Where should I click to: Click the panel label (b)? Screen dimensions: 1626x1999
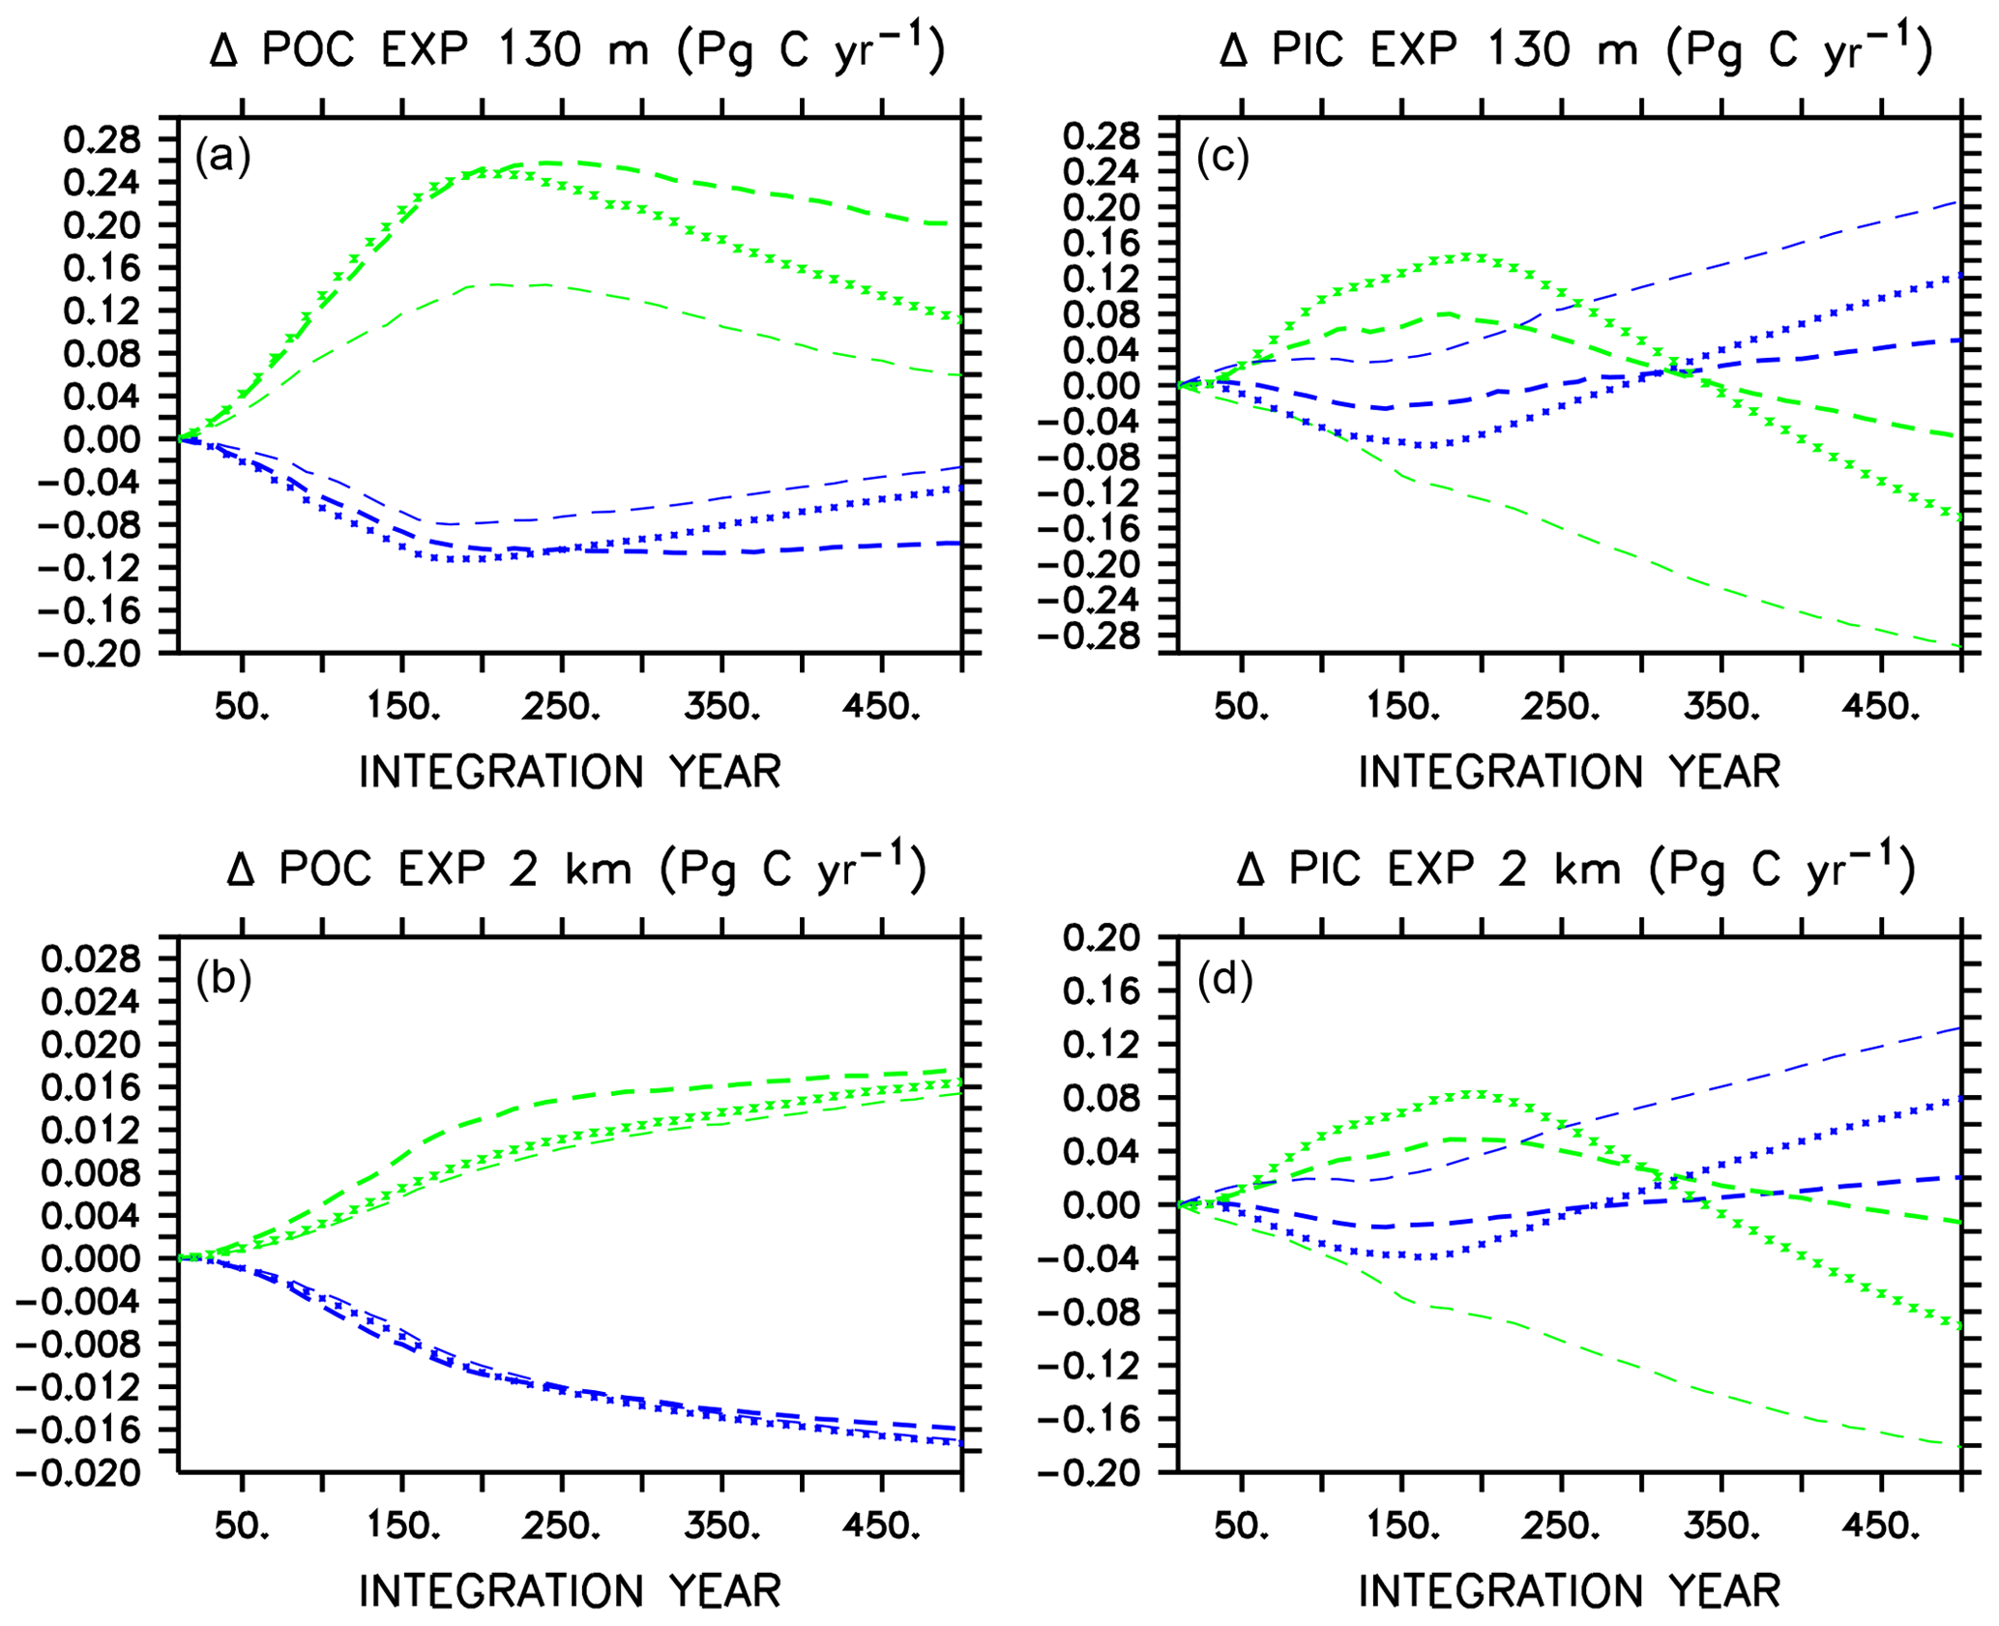pyautogui.click(x=223, y=980)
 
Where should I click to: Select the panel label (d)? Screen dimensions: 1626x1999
pyautogui.click(x=1224, y=980)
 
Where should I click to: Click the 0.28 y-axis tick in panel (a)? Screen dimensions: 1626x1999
pyautogui.click(x=102, y=140)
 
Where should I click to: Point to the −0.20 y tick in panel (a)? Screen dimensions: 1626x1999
pyautogui.click(x=89, y=653)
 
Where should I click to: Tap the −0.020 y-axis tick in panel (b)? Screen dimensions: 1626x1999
pyautogui.click(x=77, y=1473)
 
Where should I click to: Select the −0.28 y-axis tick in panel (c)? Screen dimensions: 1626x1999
pyautogui.click(x=1089, y=636)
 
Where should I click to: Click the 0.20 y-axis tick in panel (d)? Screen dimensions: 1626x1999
pyautogui.click(x=1102, y=937)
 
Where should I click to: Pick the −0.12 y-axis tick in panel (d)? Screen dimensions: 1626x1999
pyautogui.click(x=1089, y=1366)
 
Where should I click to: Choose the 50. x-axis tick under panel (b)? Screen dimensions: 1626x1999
pyautogui.click(x=242, y=1526)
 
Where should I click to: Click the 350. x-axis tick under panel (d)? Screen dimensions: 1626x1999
pyautogui.click(x=1720, y=1526)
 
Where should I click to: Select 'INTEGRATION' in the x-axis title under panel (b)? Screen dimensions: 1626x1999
pyautogui.click(x=501, y=1591)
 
